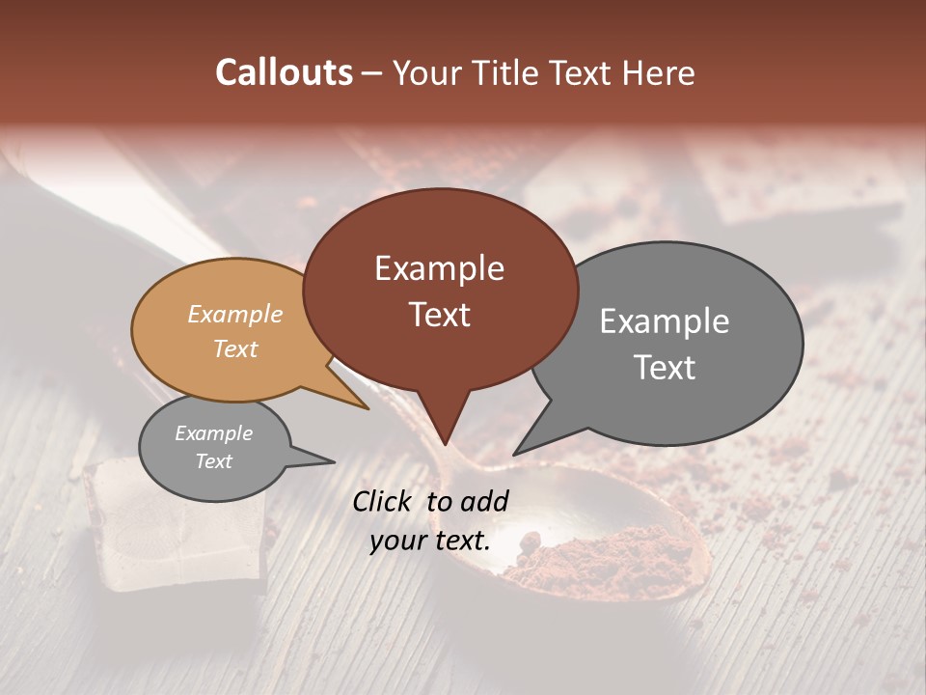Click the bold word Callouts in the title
284,72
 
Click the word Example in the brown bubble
439,268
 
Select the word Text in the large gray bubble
665,368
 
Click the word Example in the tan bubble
235,315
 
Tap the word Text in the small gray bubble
214,461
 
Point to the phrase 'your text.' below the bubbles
430,542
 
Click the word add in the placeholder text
484,501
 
